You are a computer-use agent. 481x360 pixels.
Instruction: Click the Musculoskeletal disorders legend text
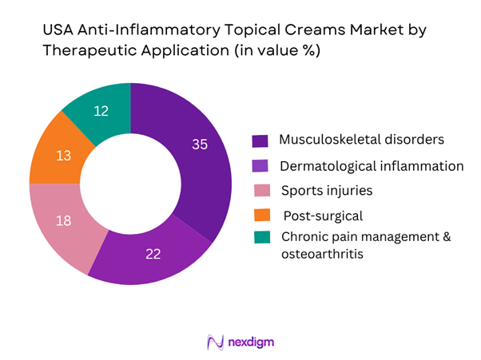click(x=360, y=139)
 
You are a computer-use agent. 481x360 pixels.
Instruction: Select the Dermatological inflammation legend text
click(x=372, y=166)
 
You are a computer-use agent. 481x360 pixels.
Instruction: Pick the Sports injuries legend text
click(x=326, y=190)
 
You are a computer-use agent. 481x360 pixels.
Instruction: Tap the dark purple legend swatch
click(x=260, y=141)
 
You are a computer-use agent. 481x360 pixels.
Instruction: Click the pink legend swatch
click(x=260, y=192)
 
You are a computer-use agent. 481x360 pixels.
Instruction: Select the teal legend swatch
click(x=260, y=237)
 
